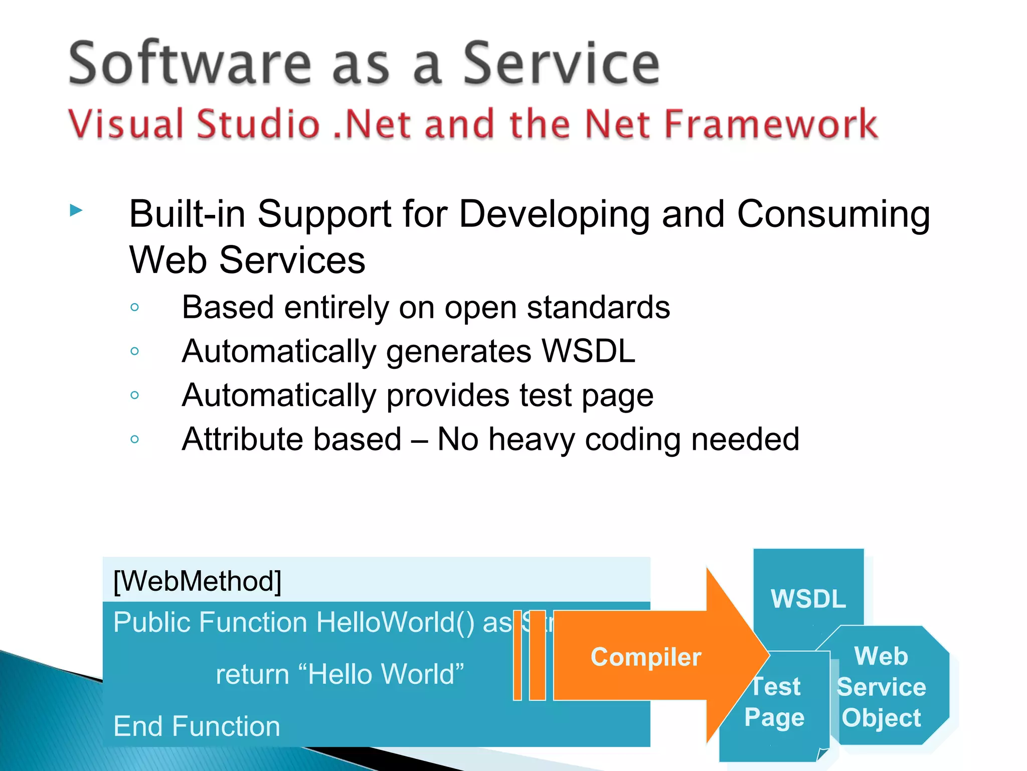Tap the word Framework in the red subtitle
(x=770, y=124)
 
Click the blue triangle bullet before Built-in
(x=76, y=210)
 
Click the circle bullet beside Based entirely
(x=134, y=307)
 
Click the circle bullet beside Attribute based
(x=134, y=439)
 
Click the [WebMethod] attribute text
(x=197, y=581)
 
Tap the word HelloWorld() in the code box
(x=395, y=622)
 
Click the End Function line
(x=197, y=726)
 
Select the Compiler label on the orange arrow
(x=645, y=657)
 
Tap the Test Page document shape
(x=774, y=703)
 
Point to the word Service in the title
(x=561, y=63)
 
